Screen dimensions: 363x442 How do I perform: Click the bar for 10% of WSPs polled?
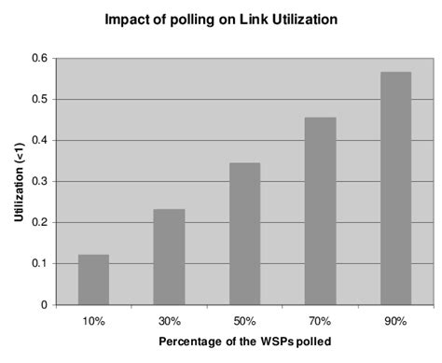click(x=93, y=280)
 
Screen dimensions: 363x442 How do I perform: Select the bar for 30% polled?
click(x=169, y=257)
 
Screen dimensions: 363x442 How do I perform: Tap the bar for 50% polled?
click(x=244, y=233)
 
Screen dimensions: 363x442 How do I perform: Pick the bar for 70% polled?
click(x=320, y=211)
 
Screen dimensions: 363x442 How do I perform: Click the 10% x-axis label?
click(x=93, y=320)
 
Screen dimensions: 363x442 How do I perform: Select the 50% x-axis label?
click(x=244, y=320)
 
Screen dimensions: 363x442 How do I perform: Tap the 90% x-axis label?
click(x=395, y=320)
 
